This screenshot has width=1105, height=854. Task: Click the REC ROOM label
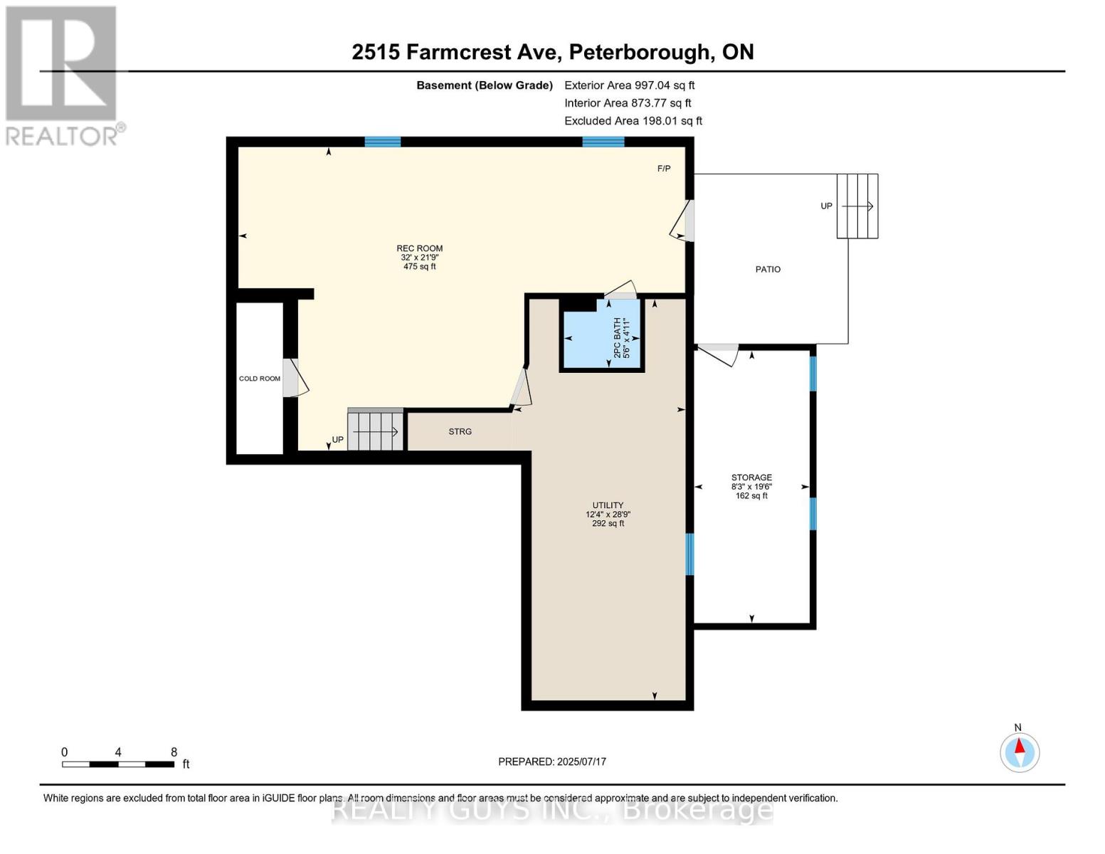tap(419, 248)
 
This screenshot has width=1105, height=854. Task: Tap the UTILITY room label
tap(608, 505)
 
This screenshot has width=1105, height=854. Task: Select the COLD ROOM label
tap(260, 379)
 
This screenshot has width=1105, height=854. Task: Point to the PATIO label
tap(768, 269)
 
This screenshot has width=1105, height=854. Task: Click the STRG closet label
tap(460, 431)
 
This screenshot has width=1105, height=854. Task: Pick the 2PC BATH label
tap(617, 337)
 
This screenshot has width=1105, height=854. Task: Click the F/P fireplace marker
tap(663, 169)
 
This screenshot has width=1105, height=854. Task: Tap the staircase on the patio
tap(857, 206)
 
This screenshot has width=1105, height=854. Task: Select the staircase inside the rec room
tap(376, 431)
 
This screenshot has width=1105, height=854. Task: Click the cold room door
tap(294, 378)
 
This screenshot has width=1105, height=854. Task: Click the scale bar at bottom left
tap(118, 764)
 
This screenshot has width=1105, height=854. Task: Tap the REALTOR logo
tap(63, 75)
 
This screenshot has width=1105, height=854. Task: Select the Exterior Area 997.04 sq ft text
tap(629, 85)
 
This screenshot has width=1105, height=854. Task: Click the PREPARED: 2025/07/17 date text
tap(552, 761)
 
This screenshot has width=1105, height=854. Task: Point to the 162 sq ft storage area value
tap(751, 496)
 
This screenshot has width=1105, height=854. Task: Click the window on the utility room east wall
tap(689, 554)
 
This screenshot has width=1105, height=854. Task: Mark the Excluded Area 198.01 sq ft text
tap(633, 121)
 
